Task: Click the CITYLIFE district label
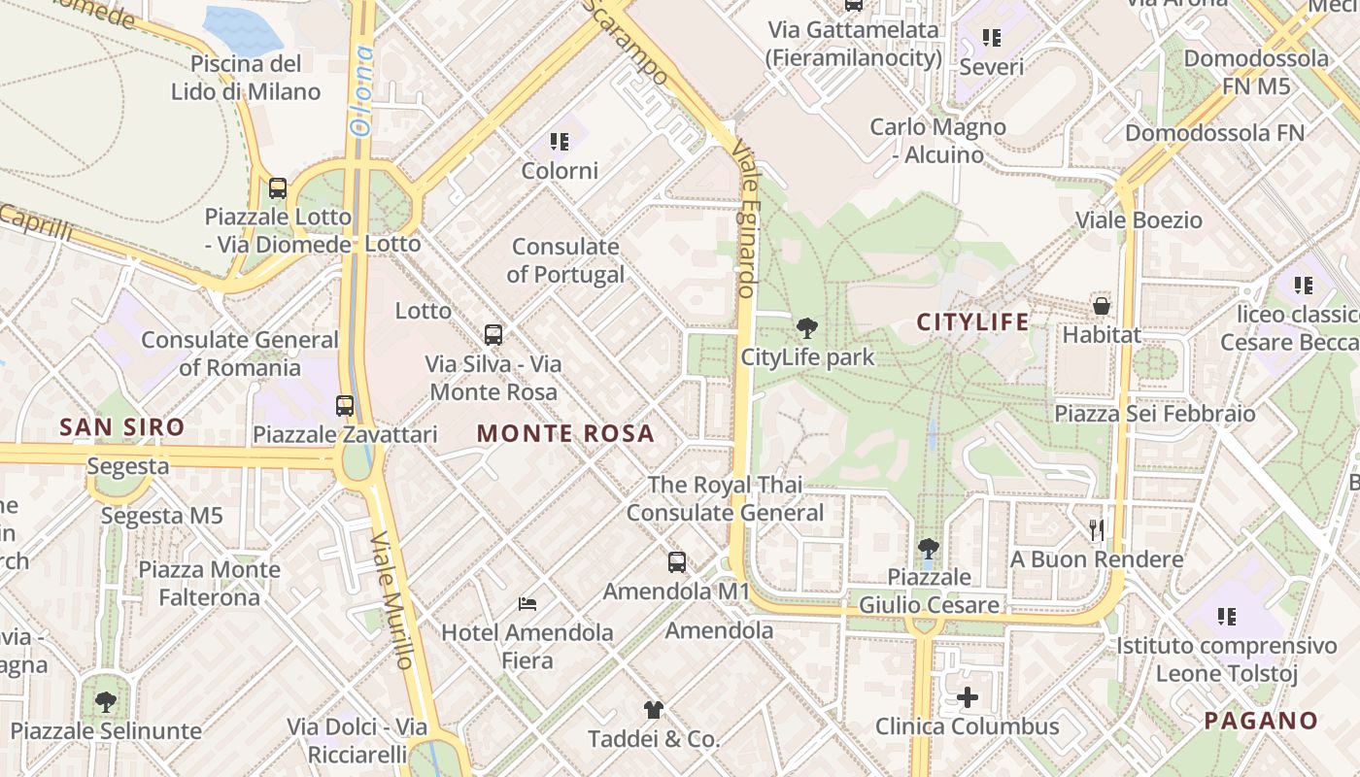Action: (x=972, y=322)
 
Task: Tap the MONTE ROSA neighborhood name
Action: (x=565, y=434)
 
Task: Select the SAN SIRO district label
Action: (x=121, y=427)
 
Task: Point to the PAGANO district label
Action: (x=1260, y=722)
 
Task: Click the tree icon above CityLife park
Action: (x=806, y=328)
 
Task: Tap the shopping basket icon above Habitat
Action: (x=1101, y=306)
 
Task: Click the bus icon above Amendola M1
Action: (x=677, y=562)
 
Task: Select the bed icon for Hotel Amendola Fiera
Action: (x=527, y=604)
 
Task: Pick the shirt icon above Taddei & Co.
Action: (x=653, y=710)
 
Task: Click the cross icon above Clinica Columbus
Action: (x=968, y=697)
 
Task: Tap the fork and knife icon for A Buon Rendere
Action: (x=1097, y=530)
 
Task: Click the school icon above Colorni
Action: (x=559, y=143)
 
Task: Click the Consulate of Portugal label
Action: (x=565, y=260)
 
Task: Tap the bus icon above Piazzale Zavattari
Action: (x=345, y=405)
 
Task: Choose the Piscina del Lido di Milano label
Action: (x=246, y=78)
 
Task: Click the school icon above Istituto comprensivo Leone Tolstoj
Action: (x=1227, y=617)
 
